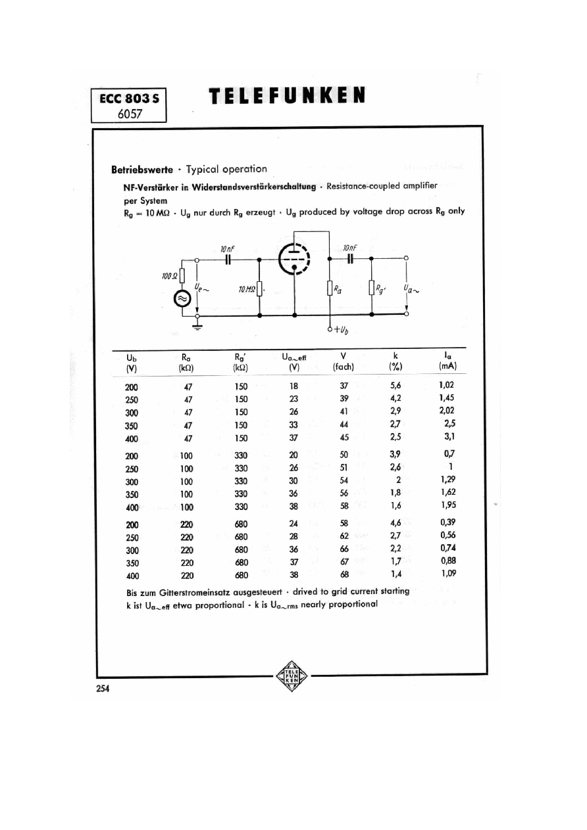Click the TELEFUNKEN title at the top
coord(287,95)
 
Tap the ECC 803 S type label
coord(129,99)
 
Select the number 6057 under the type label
coord(130,114)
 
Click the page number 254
coord(103,689)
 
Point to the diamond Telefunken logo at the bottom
coord(292,676)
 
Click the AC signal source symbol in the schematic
coord(182,298)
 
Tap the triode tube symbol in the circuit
coord(294,260)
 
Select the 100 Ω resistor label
coord(170,276)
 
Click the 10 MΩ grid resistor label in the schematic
coord(247,289)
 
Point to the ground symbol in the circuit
coord(197,326)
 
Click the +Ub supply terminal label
coord(342,329)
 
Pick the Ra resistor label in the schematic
coord(338,289)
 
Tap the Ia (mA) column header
coord(447,361)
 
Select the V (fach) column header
coord(344,361)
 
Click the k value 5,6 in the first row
coord(395,385)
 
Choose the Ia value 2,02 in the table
coord(446,410)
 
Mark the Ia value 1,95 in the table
coord(448,505)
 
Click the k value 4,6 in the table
coord(396,523)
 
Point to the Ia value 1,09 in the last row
coord(448,573)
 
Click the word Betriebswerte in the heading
coord(142,170)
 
